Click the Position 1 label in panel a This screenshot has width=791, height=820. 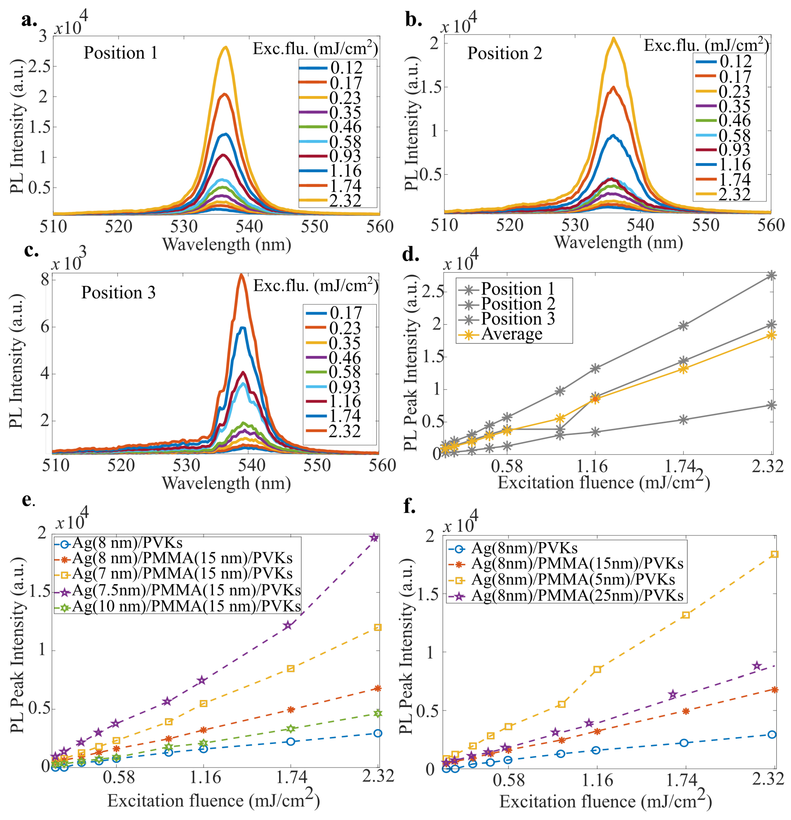[120, 53]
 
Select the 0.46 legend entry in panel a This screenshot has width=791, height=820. [345, 127]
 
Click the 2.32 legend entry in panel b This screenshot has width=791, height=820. [734, 194]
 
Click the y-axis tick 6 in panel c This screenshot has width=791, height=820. [45, 327]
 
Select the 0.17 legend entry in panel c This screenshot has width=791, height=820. [345, 312]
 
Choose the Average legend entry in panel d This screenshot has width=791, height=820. [511, 334]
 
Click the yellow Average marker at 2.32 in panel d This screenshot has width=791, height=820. [772, 335]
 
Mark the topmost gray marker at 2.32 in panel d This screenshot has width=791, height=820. [772, 275]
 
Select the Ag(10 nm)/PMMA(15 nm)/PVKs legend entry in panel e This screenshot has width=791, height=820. [186, 606]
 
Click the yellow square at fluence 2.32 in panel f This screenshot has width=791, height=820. [774, 554]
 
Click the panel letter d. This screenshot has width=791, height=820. [410, 255]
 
